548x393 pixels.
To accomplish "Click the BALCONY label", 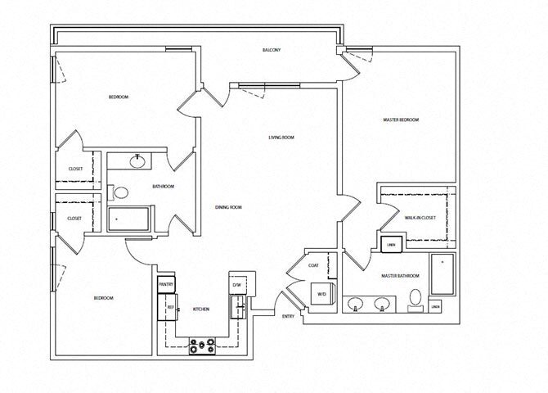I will click(272, 50).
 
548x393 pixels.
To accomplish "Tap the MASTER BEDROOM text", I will click(401, 120).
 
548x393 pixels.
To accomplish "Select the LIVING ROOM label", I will click(281, 138).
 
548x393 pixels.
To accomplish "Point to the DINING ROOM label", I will click(228, 207).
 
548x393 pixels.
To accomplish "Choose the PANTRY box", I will click(167, 285).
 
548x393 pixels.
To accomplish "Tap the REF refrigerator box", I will click(170, 307).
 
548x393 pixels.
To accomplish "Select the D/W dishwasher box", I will click(237, 285).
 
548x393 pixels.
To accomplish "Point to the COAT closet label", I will click(313, 265).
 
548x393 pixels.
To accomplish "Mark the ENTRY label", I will click(288, 316).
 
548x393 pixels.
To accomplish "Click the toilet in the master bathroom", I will click(415, 298).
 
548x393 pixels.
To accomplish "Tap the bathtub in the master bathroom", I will click(442, 275).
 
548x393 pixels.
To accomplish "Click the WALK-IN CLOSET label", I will click(420, 218).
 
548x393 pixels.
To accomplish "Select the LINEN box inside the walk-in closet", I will click(390, 243).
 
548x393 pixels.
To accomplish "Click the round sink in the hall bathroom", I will click(137, 159).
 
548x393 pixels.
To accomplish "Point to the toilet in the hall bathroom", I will click(121, 193).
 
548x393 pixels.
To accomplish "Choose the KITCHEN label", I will click(200, 309).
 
